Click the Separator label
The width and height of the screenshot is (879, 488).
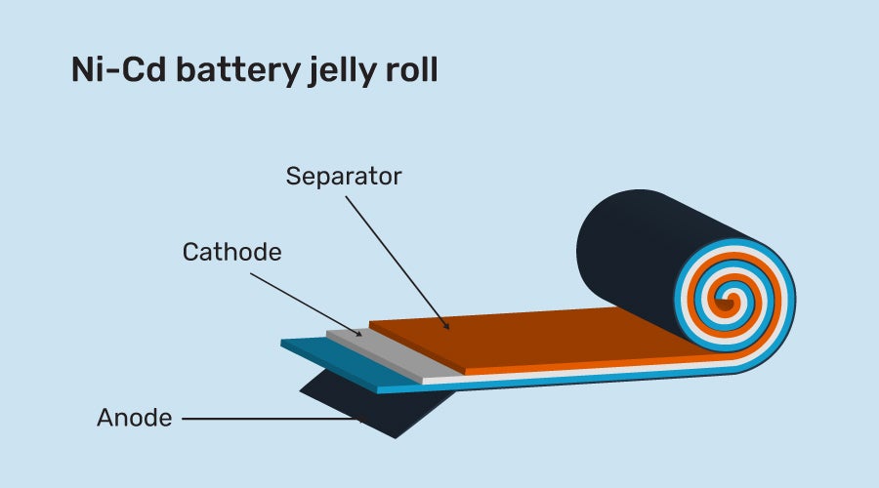point(344,177)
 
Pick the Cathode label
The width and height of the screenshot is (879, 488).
point(231,252)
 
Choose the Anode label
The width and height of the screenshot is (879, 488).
point(135,419)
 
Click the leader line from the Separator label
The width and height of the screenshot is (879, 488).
point(397,258)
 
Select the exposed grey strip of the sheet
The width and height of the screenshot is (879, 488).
point(391,355)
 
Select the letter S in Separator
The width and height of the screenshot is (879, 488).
point(293,177)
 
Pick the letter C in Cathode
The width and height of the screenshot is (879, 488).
point(190,252)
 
